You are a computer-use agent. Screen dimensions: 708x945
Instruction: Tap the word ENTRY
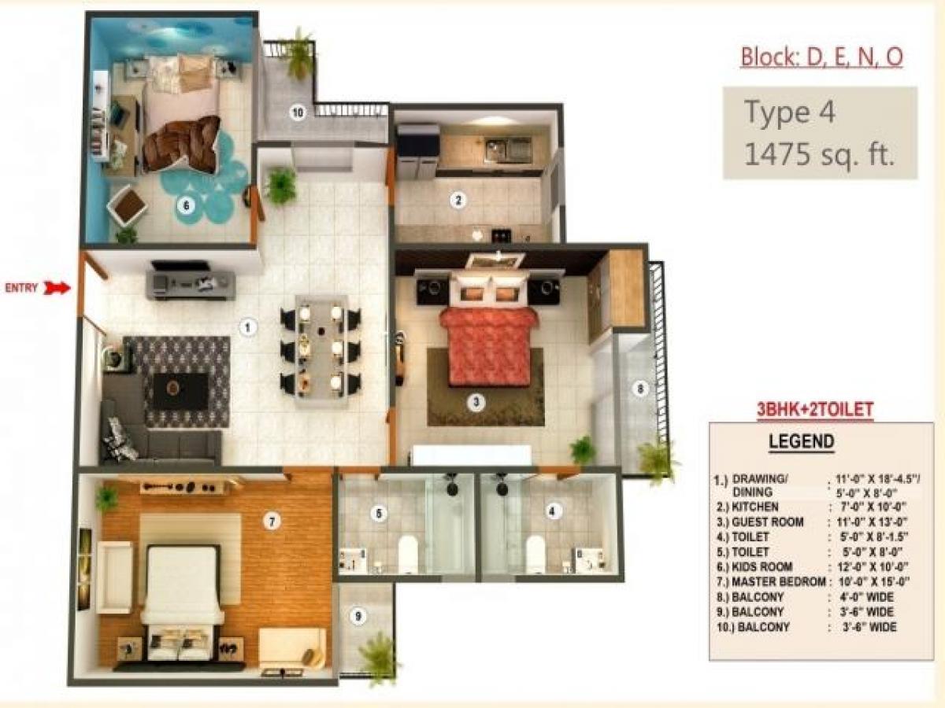pos(22,288)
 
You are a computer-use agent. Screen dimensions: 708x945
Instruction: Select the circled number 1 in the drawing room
pos(247,326)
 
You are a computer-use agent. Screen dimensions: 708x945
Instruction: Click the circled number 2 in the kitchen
pos(458,201)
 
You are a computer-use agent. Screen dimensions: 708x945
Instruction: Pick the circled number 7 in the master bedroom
pos(272,521)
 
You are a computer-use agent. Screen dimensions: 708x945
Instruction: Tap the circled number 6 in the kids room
pos(186,206)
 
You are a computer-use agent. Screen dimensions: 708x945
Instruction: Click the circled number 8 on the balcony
pos(640,387)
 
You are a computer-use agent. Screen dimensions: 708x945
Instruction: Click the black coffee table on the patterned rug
pos(180,389)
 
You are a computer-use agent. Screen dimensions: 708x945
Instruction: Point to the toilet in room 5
pos(408,552)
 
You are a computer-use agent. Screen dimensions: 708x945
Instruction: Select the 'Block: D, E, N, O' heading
pos(821,57)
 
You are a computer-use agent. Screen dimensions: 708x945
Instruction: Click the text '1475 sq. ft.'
pos(820,155)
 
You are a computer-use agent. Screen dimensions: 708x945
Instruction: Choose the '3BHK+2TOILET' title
pos(814,410)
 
